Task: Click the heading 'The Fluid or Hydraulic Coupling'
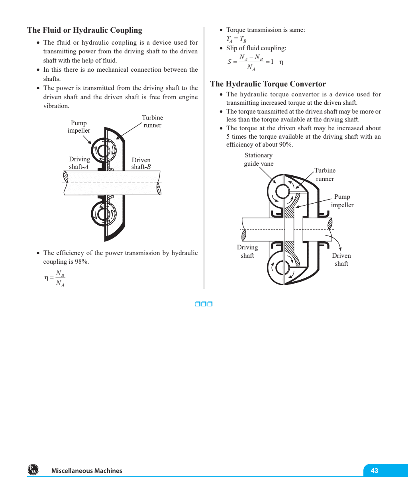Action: [84, 30]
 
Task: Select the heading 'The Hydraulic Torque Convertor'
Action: [268, 84]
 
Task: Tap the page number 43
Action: [374, 471]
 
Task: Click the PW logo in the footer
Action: [33, 470]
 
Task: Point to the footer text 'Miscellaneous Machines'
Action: [86, 471]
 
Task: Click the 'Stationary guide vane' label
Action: [259, 159]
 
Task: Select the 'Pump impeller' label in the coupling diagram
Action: [79, 127]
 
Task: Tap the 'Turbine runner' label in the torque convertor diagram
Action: [325, 175]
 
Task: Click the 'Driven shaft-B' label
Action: [141, 163]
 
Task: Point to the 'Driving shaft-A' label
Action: [79, 163]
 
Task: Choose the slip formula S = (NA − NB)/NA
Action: [255, 62]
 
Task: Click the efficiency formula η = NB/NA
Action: [55, 278]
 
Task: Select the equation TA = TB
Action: [236, 39]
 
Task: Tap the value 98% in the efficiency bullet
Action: [82, 262]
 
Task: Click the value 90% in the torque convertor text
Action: [286, 145]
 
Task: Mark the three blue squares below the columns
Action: [204, 304]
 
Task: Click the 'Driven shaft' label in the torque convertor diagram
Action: [341, 259]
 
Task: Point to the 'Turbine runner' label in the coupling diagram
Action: [152, 121]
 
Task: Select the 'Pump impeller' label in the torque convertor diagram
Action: [342, 201]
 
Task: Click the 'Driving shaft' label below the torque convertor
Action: [247, 251]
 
